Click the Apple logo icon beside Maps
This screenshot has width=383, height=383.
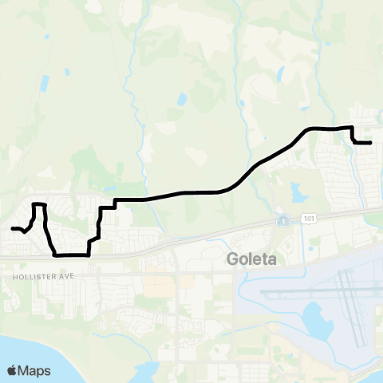[12, 370]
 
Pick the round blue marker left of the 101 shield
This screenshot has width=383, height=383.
[282, 219]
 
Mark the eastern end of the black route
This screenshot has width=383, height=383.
[370, 143]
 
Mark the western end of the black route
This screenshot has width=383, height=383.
[12, 229]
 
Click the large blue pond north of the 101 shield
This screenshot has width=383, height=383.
[299, 191]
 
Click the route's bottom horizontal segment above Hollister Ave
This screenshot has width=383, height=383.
[70, 255]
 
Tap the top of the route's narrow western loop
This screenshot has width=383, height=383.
[38, 205]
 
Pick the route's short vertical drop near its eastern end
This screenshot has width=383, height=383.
[352, 135]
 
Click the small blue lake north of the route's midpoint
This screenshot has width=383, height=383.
[182, 101]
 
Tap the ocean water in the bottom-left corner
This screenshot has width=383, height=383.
[24, 351]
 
